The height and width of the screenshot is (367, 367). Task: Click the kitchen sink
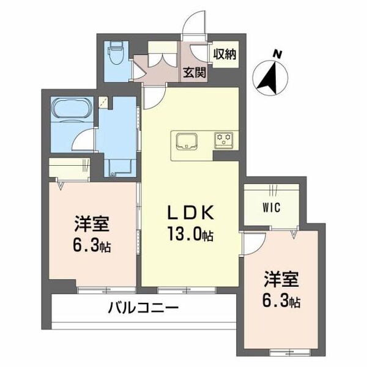[x=185, y=141]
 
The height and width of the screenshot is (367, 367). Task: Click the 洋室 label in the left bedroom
[x=92, y=224]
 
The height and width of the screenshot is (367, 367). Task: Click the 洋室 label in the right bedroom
[x=281, y=280]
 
